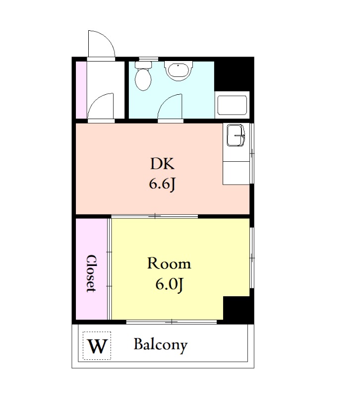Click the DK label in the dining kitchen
(x=162, y=164)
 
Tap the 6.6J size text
(x=162, y=184)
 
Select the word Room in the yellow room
(x=169, y=263)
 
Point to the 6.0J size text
(x=169, y=284)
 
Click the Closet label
(x=91, y=273)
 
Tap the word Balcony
(x=160, y=345)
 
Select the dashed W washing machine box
(x=97, y=345)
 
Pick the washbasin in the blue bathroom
(x=179, y=70)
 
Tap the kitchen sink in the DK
(x=236, y=135)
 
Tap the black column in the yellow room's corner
(x=238, y=309)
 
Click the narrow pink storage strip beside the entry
(x=81, y=90)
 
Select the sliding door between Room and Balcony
(x=172, y=322)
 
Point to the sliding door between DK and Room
(x=154, y=216)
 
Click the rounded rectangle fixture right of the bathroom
(x=232, y=105)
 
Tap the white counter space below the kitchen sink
(x=236, y=173)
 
